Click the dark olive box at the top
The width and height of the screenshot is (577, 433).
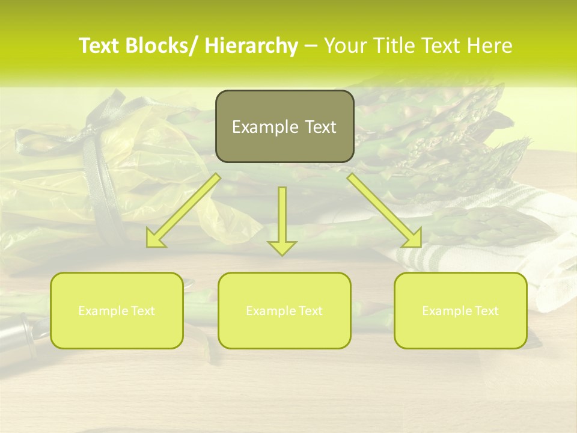click(284, 126)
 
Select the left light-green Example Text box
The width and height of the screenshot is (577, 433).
click(117, 310)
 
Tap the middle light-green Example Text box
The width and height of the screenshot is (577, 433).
click(284, 310)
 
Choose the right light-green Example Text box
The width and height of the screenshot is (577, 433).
click(460, 310)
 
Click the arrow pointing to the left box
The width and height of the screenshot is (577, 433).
click(183, 210)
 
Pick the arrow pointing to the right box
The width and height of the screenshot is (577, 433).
click(385, 210)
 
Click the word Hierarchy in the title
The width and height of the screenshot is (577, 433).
click(251, 46)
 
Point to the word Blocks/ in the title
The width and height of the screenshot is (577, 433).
click(163, 46)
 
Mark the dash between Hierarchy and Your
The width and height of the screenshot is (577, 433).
click(311, 46)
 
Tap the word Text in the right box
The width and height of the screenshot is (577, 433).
click(486, 311)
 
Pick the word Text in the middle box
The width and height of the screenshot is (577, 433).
click(310, 311)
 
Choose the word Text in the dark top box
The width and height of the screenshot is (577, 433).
click(319, 127)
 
